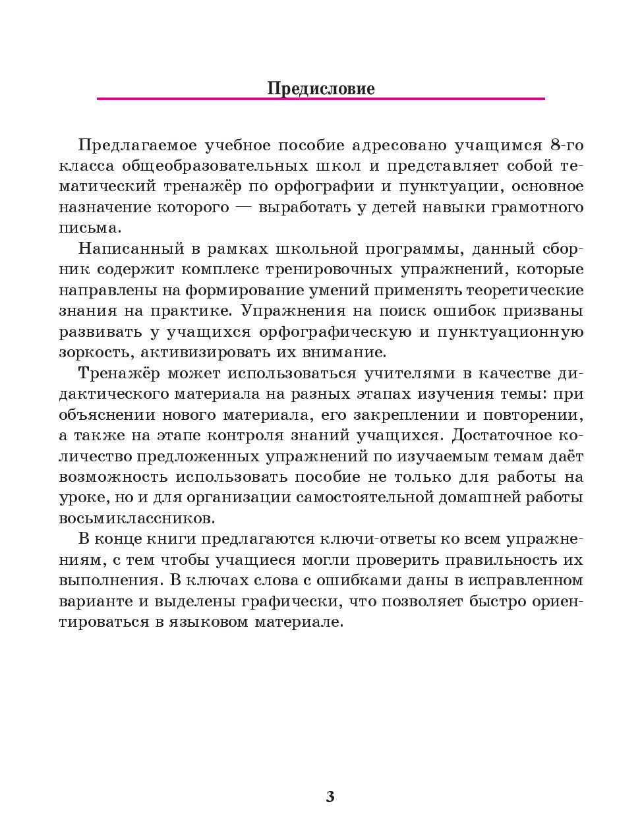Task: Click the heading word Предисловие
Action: coord(320,88)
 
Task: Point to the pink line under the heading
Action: coord(320,99)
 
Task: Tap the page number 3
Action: coord(330,796)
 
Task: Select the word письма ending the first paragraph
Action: coord(90,228)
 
